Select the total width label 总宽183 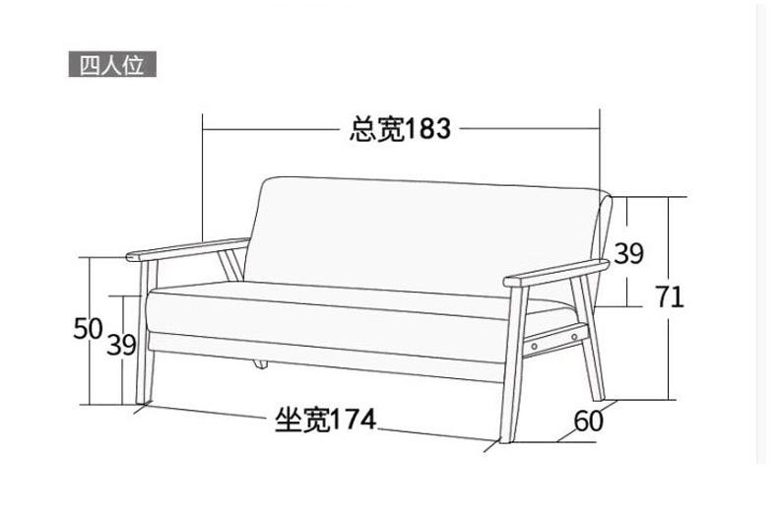click(x=400, y=128)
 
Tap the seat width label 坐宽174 click(x=324, y=420)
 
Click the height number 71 click(x=670, y=296)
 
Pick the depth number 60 click(x=588, y=422)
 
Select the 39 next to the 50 click(x=120, y=346)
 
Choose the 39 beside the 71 click(x=629, y=254)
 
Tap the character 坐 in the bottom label click(x=287, y=420)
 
